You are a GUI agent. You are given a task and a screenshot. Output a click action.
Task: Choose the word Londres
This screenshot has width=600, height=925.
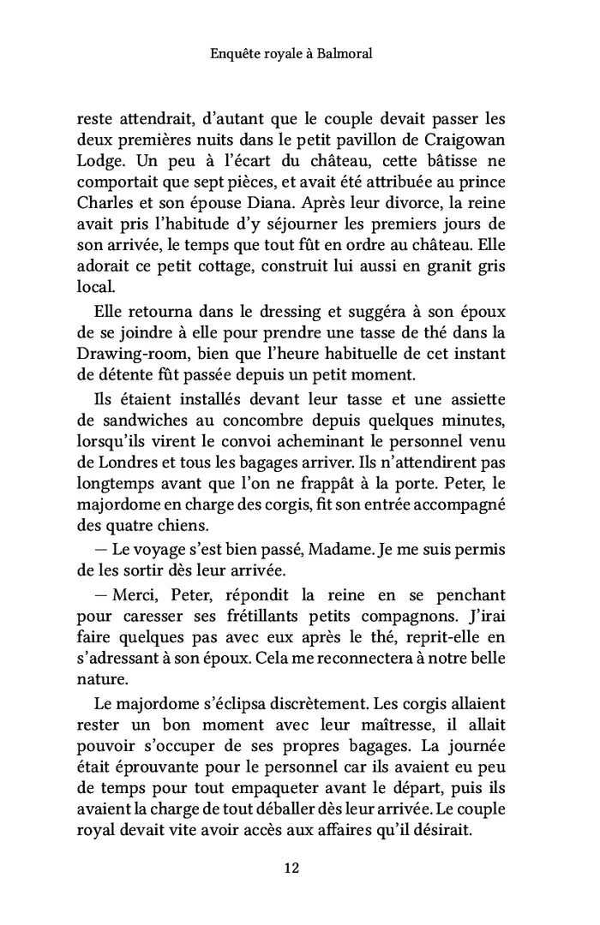pyautogui.click(x=129, y=461)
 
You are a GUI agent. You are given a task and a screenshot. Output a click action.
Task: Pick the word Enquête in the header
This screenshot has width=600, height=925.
pyautogui.click(x=235, y=53)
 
